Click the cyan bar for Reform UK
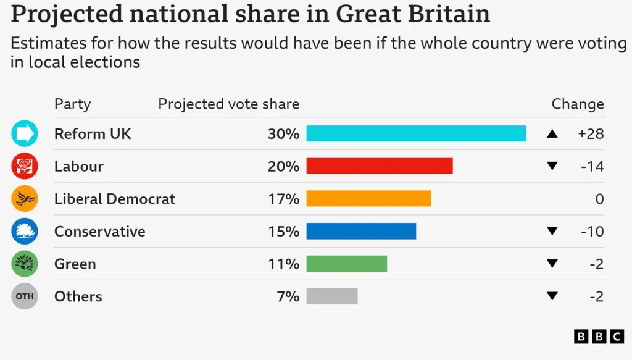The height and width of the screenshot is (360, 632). click(x=416, y=133)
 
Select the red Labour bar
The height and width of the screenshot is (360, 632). click(x=380, y=166)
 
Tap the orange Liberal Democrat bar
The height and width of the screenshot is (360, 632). click(x=368, y=199)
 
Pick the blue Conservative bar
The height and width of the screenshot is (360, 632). click(x=361, y=231)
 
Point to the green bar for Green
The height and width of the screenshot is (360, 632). click(x=347, y=264)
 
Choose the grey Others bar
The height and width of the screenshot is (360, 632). click(x=332, y=296)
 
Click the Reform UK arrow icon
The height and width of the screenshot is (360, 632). click(x=25, y=133)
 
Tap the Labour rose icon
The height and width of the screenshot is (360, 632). click(x=25, y=166)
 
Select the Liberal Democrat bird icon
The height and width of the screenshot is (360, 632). click(x=25, y=199)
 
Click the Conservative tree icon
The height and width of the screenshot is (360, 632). click(x=25, y=232)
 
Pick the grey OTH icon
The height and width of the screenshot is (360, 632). click(x=25, y=296)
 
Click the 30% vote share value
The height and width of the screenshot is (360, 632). click(x=283, y=134)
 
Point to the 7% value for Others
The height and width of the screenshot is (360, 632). click(x=288, y=296)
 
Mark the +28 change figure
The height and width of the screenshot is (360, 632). click(x=591, y=134)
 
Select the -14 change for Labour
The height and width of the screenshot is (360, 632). click(x=592, y=166)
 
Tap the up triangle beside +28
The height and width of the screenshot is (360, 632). click(x=552, y=133)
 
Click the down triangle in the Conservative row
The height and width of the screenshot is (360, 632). click(x=552, y=232)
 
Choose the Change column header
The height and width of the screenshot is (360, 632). click(x=578, y=104)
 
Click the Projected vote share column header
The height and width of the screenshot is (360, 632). click(x=229, y=104)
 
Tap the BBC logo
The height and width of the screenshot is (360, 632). click(x=599, y=337)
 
